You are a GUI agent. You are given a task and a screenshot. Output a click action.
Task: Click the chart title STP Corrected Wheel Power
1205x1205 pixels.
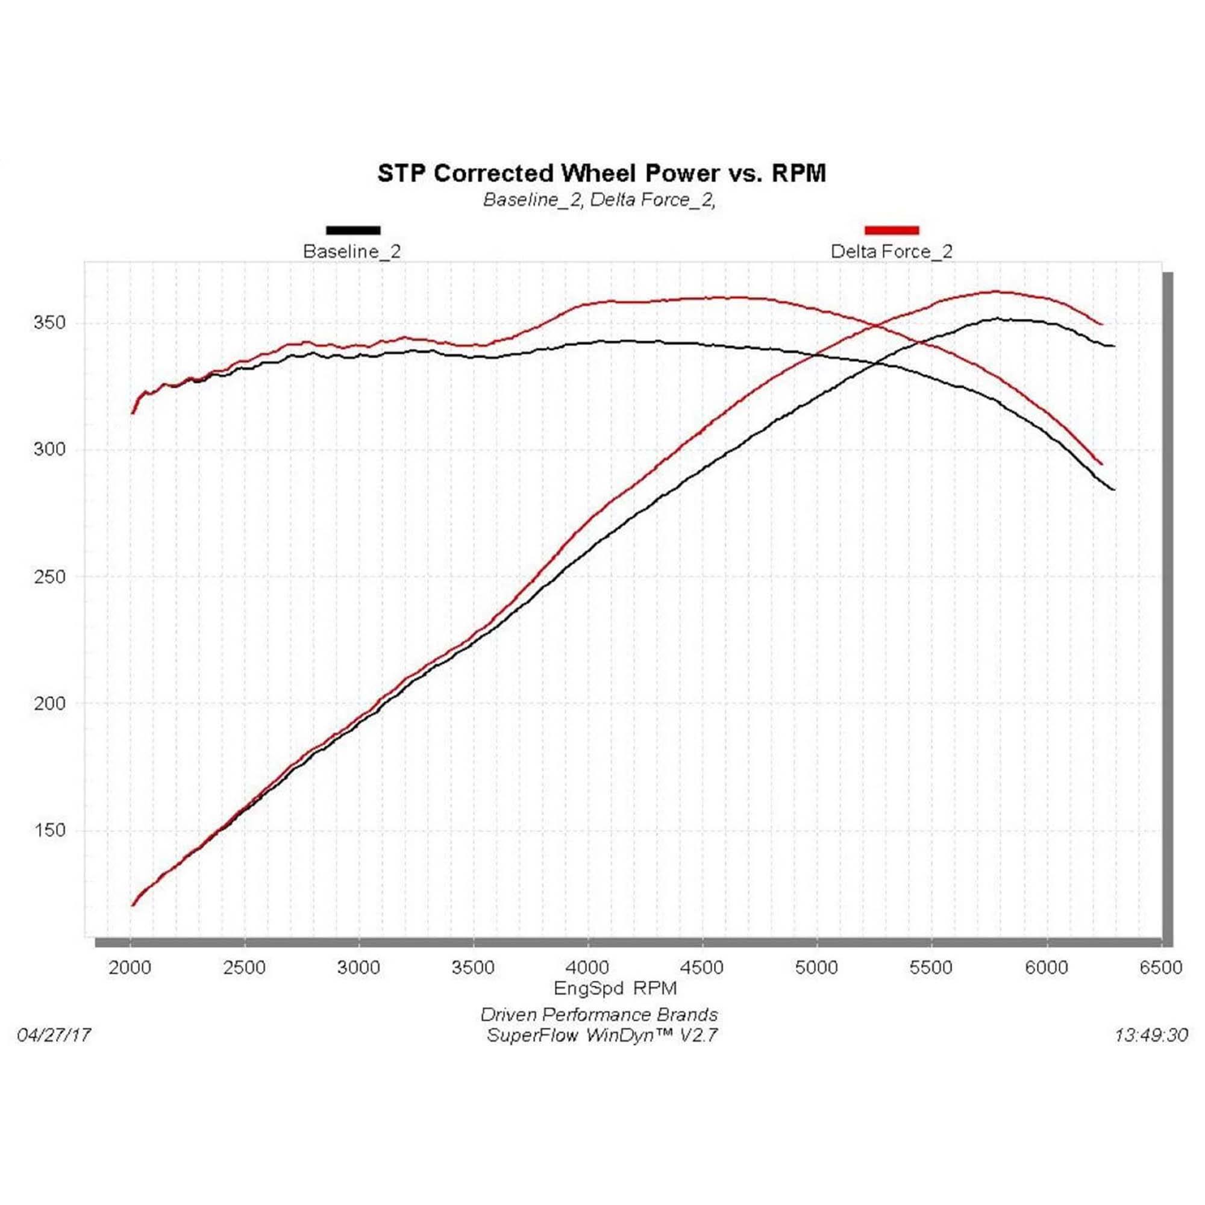(x=601, y=173)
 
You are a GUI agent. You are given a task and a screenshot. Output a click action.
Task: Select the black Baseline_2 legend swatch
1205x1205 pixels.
(x=353, y=230)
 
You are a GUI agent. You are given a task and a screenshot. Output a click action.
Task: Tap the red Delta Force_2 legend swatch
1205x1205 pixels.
(x=891, y=230)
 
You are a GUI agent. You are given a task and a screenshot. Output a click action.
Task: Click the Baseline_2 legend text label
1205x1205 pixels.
(x=352, y=251)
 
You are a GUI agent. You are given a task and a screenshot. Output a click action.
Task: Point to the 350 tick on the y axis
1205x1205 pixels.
(x=49, y=322)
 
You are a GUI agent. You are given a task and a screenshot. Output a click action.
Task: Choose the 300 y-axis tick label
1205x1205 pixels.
(x=49, y=449)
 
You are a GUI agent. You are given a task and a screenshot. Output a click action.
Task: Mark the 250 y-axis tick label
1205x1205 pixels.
(x=49, y=577)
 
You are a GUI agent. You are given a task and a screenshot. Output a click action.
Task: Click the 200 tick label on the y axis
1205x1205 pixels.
(x=49, y=703)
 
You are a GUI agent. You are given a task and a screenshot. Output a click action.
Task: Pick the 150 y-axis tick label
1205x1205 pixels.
(x=49, y=830)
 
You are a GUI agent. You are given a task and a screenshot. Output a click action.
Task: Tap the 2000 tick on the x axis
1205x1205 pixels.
(x=130, y=968)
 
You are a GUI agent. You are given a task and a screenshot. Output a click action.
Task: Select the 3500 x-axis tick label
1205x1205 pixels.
(x=474, y=968)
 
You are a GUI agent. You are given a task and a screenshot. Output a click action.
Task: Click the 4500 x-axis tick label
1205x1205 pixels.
(x=703, y=968)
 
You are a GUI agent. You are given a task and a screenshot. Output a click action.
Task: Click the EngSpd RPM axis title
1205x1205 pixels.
(x=615, y=988)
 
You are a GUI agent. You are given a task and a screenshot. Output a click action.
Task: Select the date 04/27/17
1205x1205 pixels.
(x=54, y=1035)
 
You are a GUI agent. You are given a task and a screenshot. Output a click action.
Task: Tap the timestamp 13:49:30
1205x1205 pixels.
(x=1151, y=1035)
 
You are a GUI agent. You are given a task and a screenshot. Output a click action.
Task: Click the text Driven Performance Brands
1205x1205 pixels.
(x=599, y=1015)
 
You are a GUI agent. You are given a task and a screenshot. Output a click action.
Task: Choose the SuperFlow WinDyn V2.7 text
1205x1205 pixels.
(x=602, y=1035)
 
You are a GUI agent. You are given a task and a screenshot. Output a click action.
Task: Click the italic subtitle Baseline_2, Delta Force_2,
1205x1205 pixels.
(x=599, y=199)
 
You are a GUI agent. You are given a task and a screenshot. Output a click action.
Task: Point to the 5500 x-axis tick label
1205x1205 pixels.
(x=931, y=968)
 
